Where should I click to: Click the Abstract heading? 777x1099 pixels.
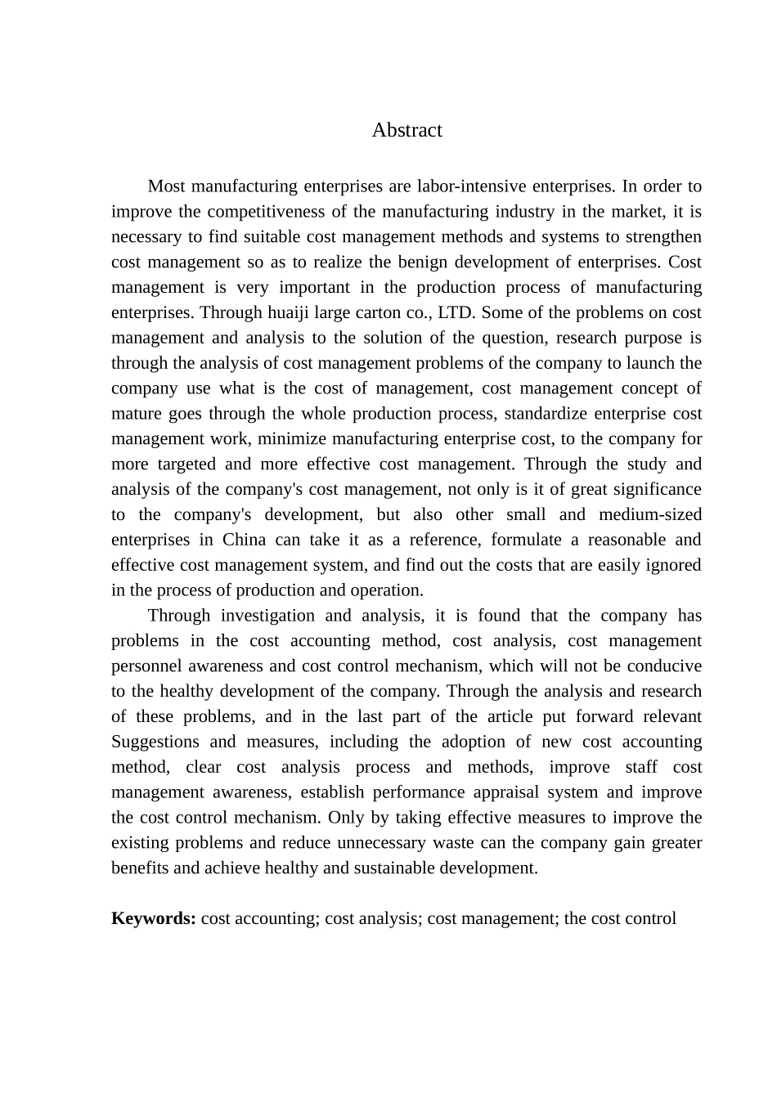tap(406, 130)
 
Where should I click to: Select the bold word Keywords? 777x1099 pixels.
tap(153, 918)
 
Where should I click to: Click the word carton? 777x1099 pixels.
tap(391, 312)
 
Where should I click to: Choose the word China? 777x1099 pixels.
tap(244, 541)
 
